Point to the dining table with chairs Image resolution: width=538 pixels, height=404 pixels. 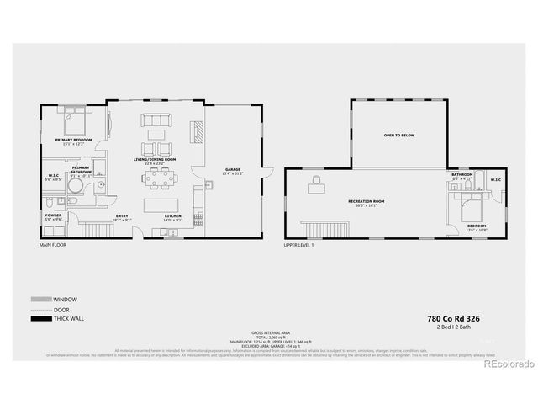161,177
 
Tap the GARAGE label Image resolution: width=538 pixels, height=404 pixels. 232,169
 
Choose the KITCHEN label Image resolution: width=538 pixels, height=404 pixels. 173,217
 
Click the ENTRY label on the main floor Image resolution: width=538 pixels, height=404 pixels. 121,217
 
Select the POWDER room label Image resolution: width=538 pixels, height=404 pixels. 53,215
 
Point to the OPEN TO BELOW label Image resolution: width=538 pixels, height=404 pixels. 399,135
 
